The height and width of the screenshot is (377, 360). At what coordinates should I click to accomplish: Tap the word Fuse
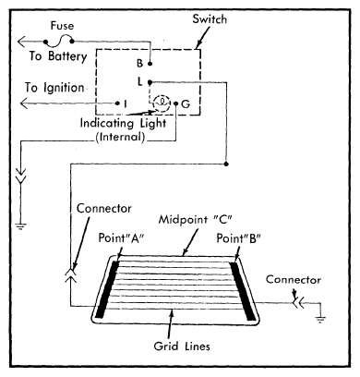(x=62, y=26)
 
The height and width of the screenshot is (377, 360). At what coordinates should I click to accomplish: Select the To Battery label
(x=58, y=56)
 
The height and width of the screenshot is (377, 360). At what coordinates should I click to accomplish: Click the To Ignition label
(x=54, y=88)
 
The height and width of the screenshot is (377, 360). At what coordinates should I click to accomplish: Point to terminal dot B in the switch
(x=150, y=64)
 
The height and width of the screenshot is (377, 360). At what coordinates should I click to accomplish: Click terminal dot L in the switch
(x=150, y=82)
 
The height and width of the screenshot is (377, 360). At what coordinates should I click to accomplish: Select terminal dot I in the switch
(x=117, y=103)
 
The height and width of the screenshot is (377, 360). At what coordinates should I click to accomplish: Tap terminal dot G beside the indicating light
(x=176, y=103)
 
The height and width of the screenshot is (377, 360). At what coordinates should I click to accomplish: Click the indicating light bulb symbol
(x=162, y=103)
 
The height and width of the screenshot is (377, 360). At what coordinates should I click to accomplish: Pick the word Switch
(x=210, y=19)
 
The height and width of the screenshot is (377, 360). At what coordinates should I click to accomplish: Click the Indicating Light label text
(x=123, y=123)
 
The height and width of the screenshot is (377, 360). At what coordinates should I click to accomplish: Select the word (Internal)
(x=120, y=137)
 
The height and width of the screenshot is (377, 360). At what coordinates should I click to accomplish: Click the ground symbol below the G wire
(x=21, y=226)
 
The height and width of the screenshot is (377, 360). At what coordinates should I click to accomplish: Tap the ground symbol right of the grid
(x=320, y=319)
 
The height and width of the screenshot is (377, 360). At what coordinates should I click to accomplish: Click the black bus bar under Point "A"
(x=107, y=289)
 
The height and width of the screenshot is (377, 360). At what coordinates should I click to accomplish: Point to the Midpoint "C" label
(x=196, y=220)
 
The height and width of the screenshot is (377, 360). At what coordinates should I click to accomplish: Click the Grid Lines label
(x=182, y=347)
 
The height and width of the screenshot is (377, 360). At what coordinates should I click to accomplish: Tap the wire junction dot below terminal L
(x=226, y=164)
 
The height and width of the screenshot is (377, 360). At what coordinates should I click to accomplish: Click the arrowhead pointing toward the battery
(x=21, y=42)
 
